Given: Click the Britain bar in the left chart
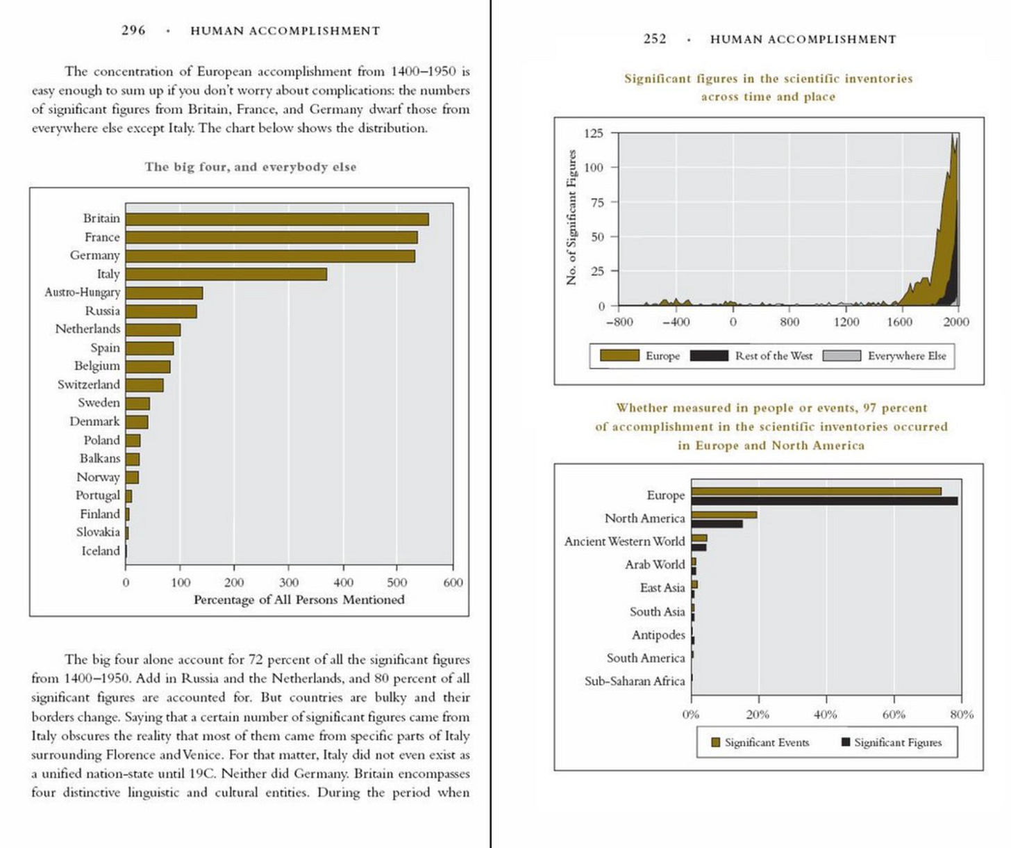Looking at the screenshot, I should pyautogui.click(x=277, y=220).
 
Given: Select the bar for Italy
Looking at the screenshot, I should pyautogui.click(x=226, y=275).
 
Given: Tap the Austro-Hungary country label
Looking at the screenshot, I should pyautogui.click(x=83, y=293).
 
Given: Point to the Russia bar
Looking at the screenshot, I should pyautogui.click(x=161, y=311).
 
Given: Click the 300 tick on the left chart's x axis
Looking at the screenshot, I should pyautogui.click(x=288, y=582).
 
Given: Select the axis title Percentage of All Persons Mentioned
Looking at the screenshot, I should pyautogui.click(x=299, y=600).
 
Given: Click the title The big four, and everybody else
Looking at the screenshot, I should pyautogui.click(x=250, y=167).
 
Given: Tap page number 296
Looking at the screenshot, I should pyautogui.click(x=133, y=31).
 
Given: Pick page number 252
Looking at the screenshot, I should pyautogui.click(x=655, y=40).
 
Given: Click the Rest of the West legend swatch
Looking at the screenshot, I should pyautogui.click(x=708, y=356).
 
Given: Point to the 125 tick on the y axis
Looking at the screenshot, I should pyautogui.click(x=593, y=133).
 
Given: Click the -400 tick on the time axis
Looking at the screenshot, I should pyautogui.click(x=676, y=322).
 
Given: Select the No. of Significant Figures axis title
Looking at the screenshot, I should pyautogui.click(x=572, y=218).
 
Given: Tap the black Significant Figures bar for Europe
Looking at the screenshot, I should pyautogui.click(x=824, y=501).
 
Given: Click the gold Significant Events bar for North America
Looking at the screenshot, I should pyautogui.click(x=724, y=515).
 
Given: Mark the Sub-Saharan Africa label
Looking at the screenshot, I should pyautogui.click(x=635, y=681).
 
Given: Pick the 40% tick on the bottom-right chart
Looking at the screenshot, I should pyautogui.click(x=826, y=715).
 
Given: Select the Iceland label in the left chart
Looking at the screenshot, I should pyautogui.click(x=101, y=551).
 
